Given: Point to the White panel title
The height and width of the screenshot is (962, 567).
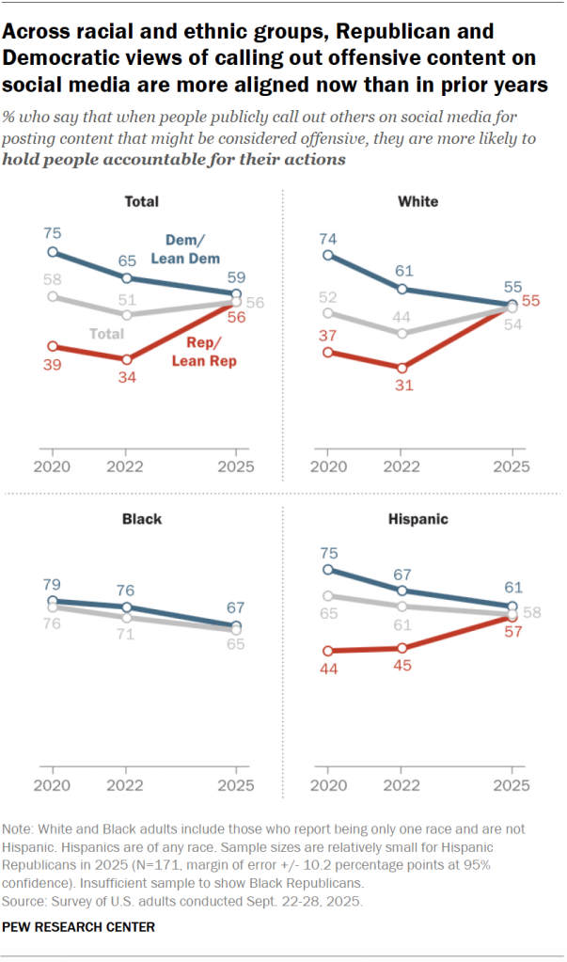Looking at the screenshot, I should (417, 201).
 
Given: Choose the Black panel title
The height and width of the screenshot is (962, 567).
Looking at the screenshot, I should (142, 518).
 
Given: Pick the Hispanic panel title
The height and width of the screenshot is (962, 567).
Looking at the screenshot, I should (417, 518).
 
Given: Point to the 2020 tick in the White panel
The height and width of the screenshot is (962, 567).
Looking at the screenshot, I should (327, 465).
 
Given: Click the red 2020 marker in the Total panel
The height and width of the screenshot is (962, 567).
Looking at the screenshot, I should (53, 346).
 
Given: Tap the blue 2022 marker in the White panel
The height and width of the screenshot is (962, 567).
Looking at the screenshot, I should (402, 289).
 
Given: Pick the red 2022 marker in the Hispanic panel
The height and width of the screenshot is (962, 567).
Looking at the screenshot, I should (402, 648).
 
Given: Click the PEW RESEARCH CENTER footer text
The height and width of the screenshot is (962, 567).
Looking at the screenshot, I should (79, 927).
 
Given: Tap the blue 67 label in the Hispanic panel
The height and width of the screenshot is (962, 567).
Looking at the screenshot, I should (402, 574).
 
